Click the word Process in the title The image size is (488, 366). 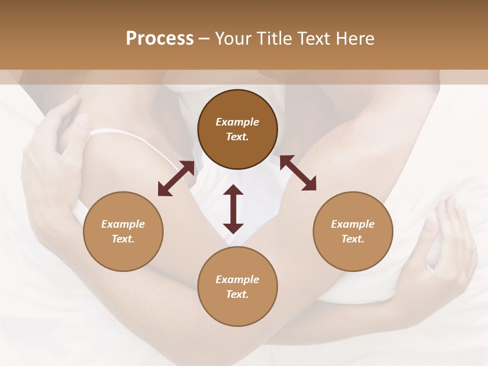point(160,39)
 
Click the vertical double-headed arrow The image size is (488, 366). point(233,209)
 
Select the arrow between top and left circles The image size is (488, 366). point(176,178)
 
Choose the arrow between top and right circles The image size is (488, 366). point(298,173)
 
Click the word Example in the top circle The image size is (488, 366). point(237,122)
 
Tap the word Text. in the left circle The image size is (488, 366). point(123,239)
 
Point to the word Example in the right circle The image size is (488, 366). point(353,224)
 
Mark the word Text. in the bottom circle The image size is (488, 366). point(237,294)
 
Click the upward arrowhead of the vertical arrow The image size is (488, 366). point(233,190)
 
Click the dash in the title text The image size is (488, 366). point(204,39)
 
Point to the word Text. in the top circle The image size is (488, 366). point(237,137)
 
